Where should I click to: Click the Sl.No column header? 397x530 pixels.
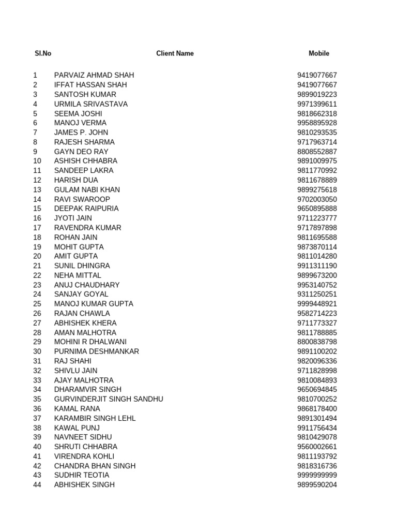coord(43,53)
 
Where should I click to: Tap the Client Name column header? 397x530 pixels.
coord(175,53)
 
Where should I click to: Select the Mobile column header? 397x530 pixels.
coord(318,53)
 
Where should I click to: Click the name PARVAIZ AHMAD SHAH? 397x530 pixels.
coord(94,75)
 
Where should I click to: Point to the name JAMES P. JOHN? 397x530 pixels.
coord(81,132)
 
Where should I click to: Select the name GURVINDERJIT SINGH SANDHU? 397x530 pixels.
coord(109,399)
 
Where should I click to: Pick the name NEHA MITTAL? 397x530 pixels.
coord(78,275)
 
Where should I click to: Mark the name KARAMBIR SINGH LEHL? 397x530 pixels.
coord(95,418)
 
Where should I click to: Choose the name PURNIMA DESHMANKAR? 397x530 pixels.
coord(97,351)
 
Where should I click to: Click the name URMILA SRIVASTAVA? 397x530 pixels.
coord(91,104)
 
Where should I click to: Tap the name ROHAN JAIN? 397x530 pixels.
coord(75,237)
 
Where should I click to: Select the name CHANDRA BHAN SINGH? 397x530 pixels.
coord(95,466)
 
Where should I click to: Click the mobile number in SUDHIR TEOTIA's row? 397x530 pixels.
coord(317,475)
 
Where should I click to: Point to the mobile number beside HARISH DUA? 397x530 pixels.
coord(317,180)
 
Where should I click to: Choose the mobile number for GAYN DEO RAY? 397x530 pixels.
coord(317,152)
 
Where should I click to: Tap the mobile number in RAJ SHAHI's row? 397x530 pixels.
coord(317,361)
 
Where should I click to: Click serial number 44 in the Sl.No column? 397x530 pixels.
coord(37,485)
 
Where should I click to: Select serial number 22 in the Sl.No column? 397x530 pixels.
coord(37,275)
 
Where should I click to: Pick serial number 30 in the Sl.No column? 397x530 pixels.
coord(37,351)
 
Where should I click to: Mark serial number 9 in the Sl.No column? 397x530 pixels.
coord(35,152)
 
